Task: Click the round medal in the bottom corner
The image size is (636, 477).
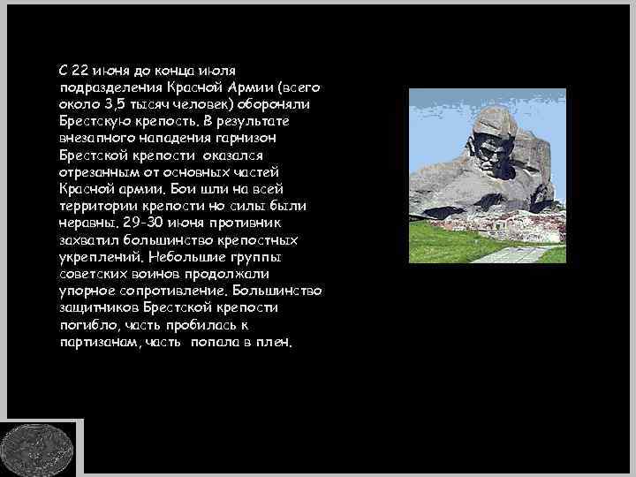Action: pos(38,448)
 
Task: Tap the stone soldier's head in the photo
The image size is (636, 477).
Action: pos(495,141)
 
